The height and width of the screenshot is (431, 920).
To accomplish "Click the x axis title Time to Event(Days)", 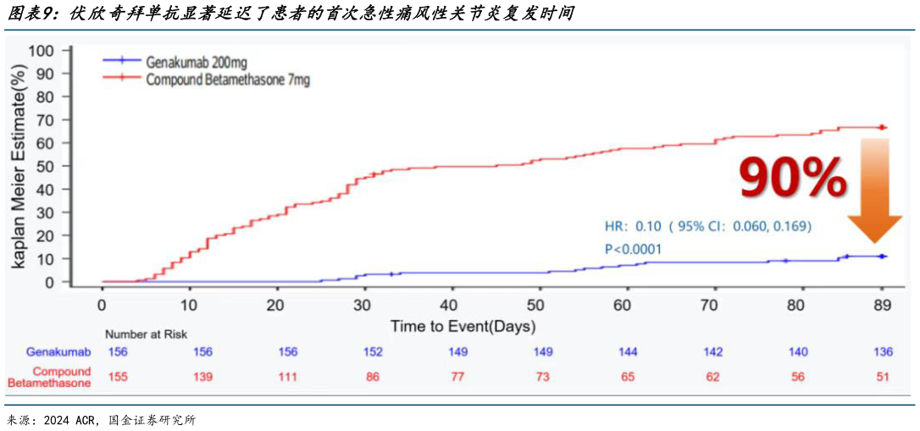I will pos(463,326).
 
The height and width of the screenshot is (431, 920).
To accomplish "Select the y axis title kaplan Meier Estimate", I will pos(19,165).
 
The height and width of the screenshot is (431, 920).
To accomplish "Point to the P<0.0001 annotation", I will pos(633,249).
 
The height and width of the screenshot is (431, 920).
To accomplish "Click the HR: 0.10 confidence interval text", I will pos(707,226).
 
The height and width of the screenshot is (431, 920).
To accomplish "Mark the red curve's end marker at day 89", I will pos(883,128).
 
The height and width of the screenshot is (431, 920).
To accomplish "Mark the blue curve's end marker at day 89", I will pos(883,257).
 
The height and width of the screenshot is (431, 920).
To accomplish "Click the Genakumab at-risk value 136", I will pos(883,351).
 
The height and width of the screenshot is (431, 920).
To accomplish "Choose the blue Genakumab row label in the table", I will pos(53,351).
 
